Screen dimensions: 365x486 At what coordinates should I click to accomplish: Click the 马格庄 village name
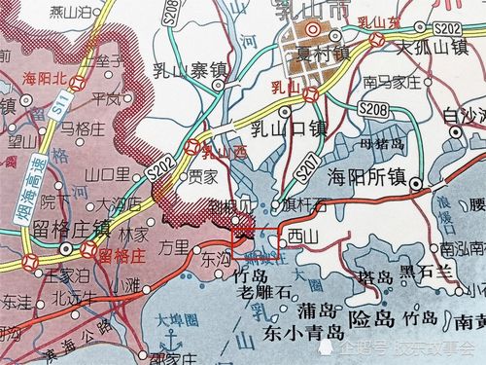tap(81, 127)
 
